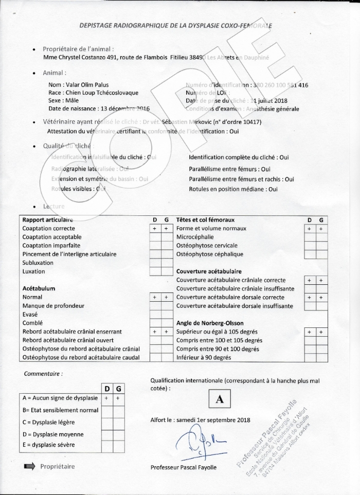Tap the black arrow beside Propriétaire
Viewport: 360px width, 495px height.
(29, 466)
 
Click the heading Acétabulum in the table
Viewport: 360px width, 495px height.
(39, 288)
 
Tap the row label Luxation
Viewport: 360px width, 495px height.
(33, 271)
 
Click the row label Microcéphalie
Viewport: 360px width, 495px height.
(195, 237)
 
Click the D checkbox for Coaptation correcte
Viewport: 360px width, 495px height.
(155, 228)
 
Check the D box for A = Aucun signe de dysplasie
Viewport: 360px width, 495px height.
(106, 398)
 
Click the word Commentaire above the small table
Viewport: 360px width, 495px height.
(43, 374)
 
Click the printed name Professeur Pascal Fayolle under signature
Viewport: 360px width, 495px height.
(185, 467)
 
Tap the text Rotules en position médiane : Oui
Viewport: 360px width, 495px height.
(233, 189)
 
